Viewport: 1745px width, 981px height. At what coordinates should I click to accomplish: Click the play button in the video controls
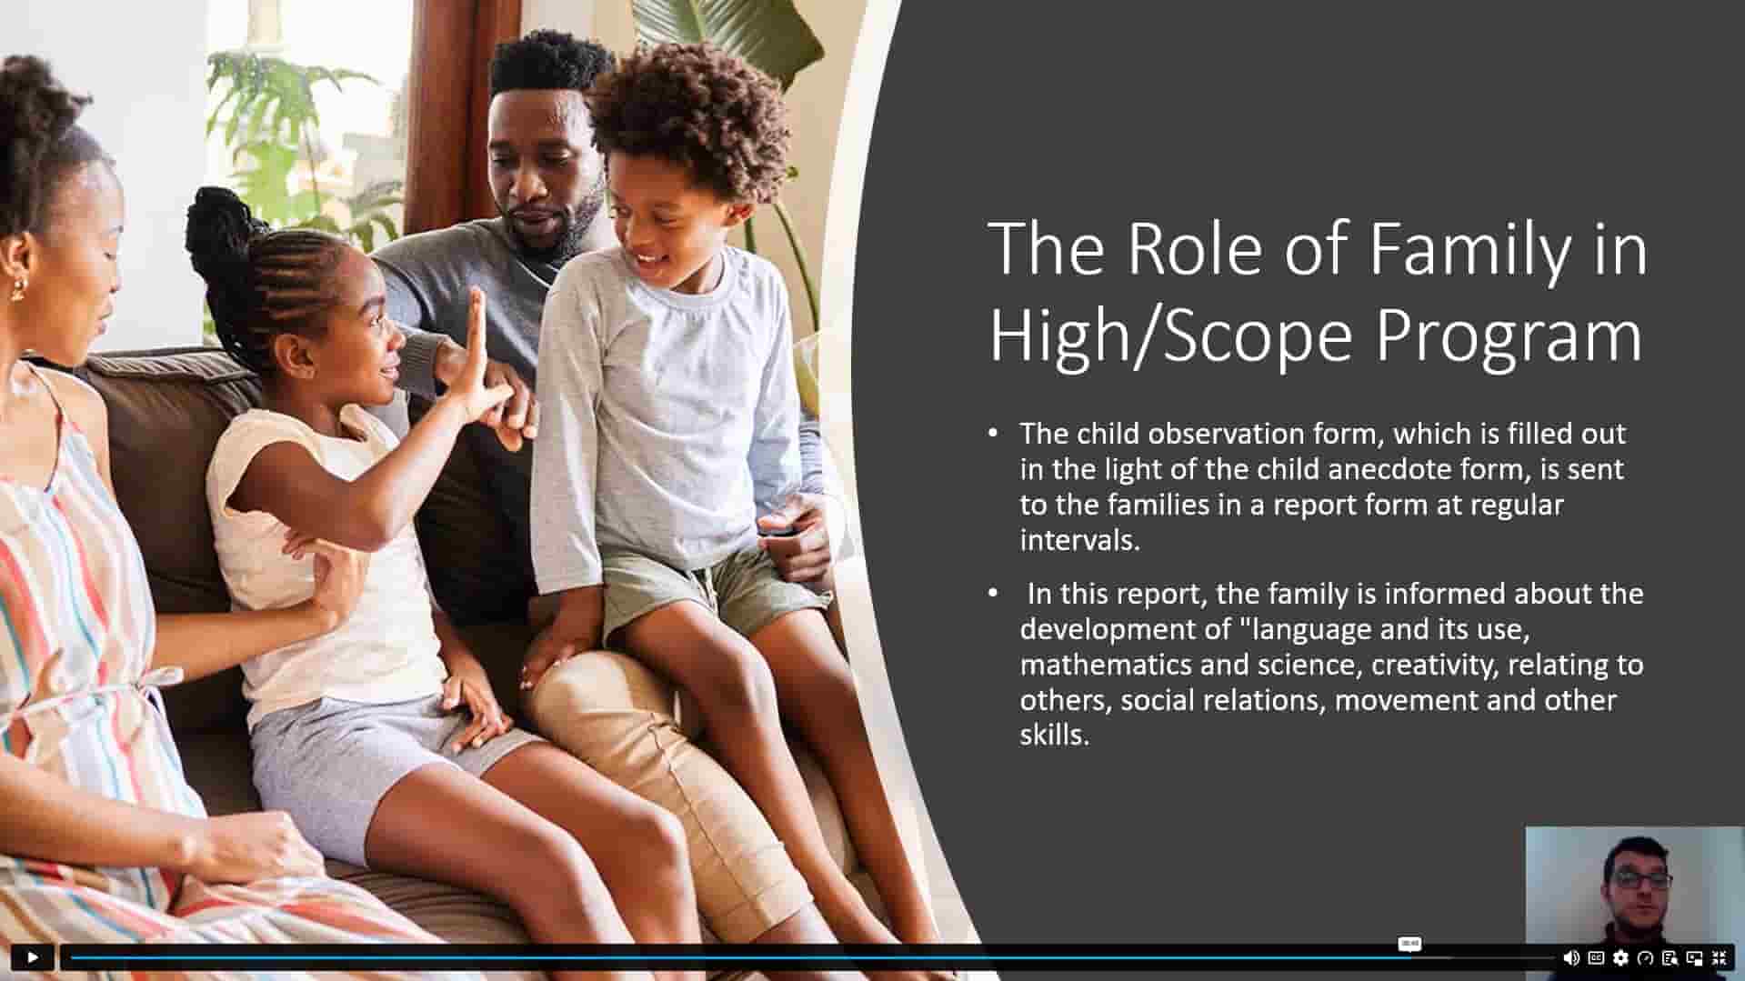pyautogui.click(x=32, y=957)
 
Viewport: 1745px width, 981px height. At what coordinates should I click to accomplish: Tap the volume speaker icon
pyautogui.click(x=1570, y=957)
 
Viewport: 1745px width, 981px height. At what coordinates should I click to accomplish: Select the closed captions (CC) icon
pyautogui.click(x=1596, y=957)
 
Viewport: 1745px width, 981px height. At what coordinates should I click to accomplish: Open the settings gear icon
pyautogui.click(x=1620, y=957)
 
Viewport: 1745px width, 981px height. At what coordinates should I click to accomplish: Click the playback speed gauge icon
pyautogui.click(x=1645, y=957)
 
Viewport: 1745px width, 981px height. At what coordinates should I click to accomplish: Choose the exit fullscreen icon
pyautogui.click(x=1719, y=957)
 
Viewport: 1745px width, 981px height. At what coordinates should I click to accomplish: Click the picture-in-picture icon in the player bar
pyautogui.click(x=1694, y=957)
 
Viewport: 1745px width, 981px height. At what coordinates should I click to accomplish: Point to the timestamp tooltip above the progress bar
pyautogui.click(x=1409, y=944)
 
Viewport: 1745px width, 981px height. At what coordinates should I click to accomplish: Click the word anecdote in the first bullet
pyautogui.click(x=1386, y=469)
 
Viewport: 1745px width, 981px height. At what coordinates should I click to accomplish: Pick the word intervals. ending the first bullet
pyautogui.click(x=1079, y=540)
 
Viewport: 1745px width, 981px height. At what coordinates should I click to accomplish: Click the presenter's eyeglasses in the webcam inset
pyautogui.click(x=1642, y=879)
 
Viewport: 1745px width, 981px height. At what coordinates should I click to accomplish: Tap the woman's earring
pyautogui.click(x=17, y=290)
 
